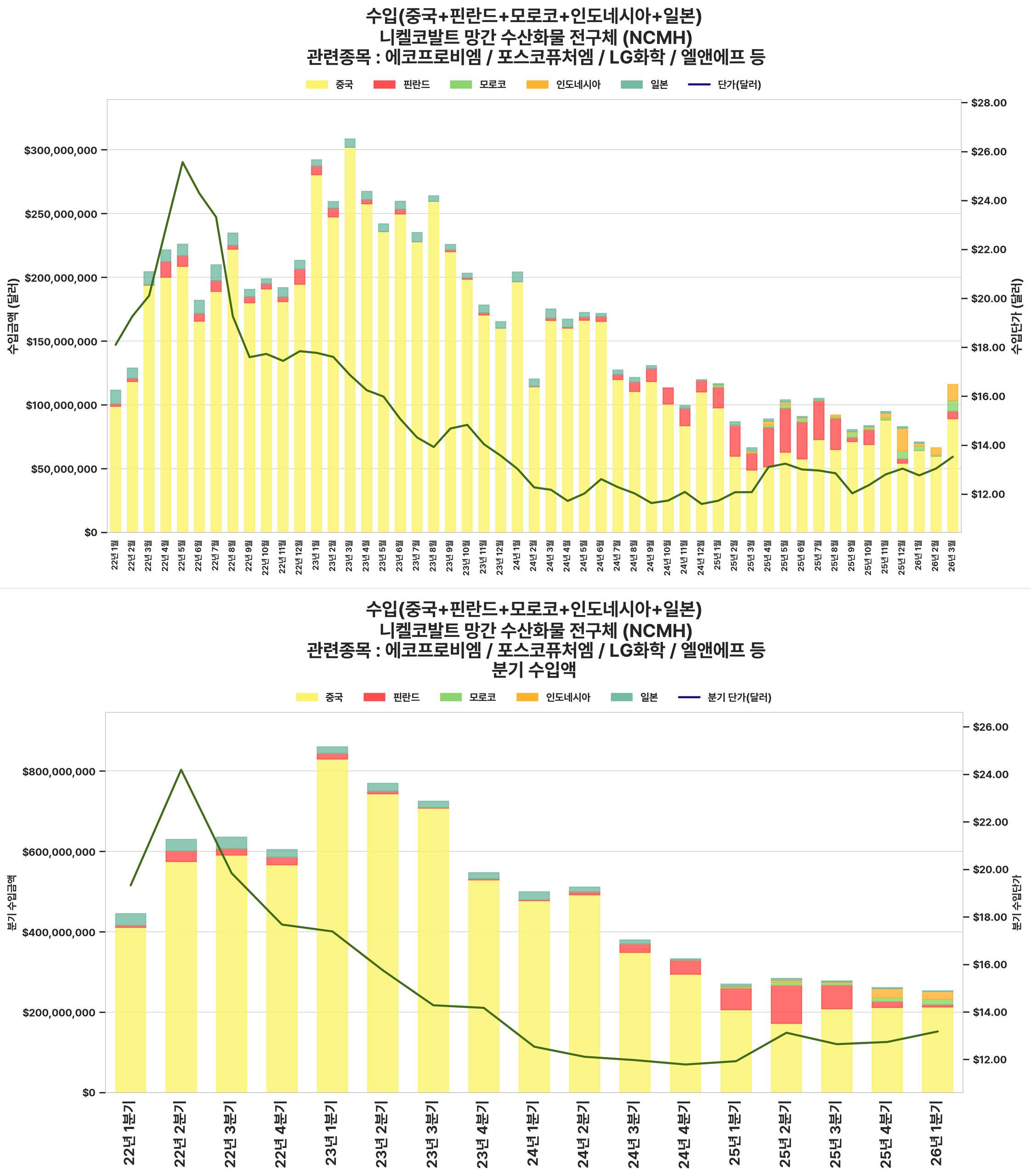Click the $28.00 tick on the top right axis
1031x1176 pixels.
[988, 103]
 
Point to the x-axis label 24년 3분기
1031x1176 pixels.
[634, 1132]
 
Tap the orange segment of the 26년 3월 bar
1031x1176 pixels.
[953, 392]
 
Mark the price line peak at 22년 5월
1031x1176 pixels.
[182, 162]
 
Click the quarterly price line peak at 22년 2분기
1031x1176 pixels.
[181, 770]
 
